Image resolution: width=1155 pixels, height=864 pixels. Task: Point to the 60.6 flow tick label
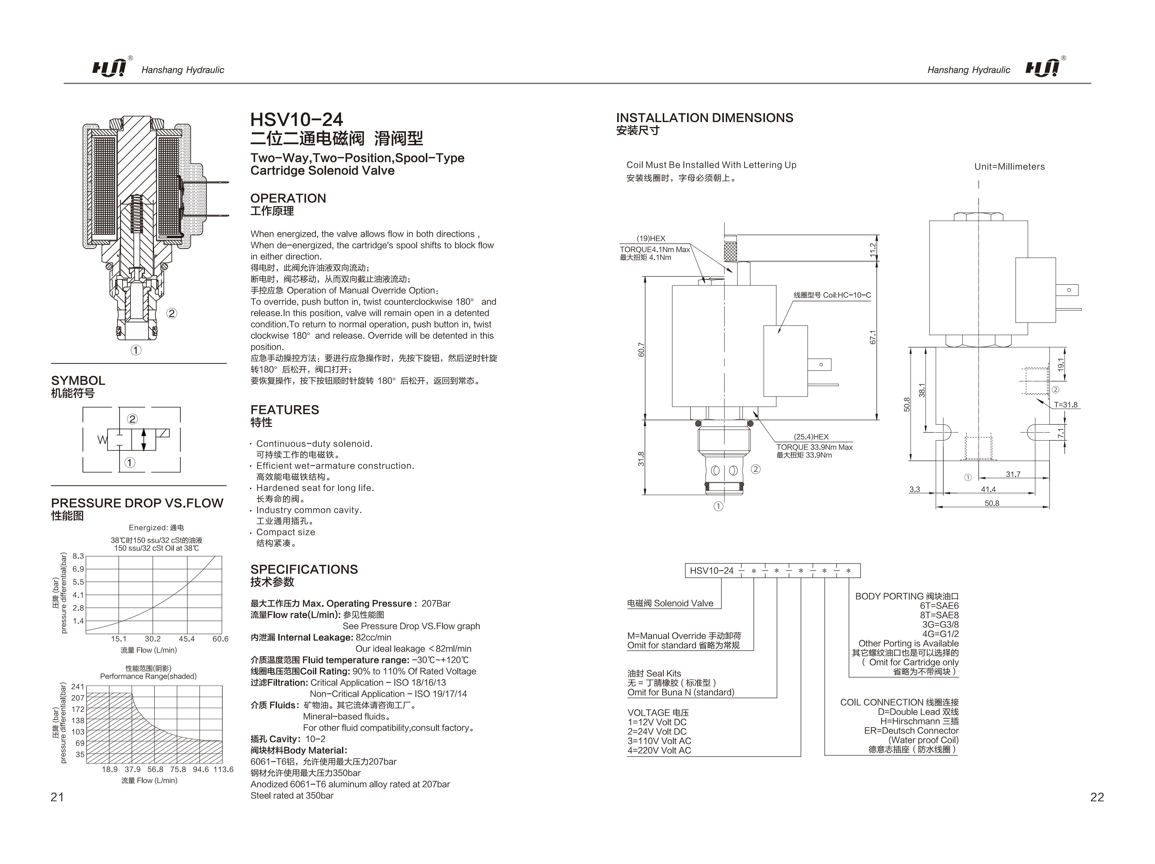pyautogui.click(x=220, y=639)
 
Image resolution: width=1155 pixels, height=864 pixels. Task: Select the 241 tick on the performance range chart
pyautogui.click(x=78, y=686)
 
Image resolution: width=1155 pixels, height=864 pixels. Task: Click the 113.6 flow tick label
pyautogui.click(x=224, y=769)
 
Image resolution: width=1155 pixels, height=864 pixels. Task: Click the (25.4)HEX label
pyautogui.click(x=811, y=437)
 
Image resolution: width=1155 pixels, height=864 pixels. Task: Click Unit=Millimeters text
pyautogui.click(x=1009, y=167)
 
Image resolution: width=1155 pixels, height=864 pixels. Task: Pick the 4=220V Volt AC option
pyautogui.click(x=659, y=751)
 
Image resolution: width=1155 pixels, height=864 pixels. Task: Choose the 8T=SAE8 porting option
pyautogui.click(x=939, y=615)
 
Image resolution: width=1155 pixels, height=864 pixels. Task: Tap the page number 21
pyautogui.click(x=58, y=797)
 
